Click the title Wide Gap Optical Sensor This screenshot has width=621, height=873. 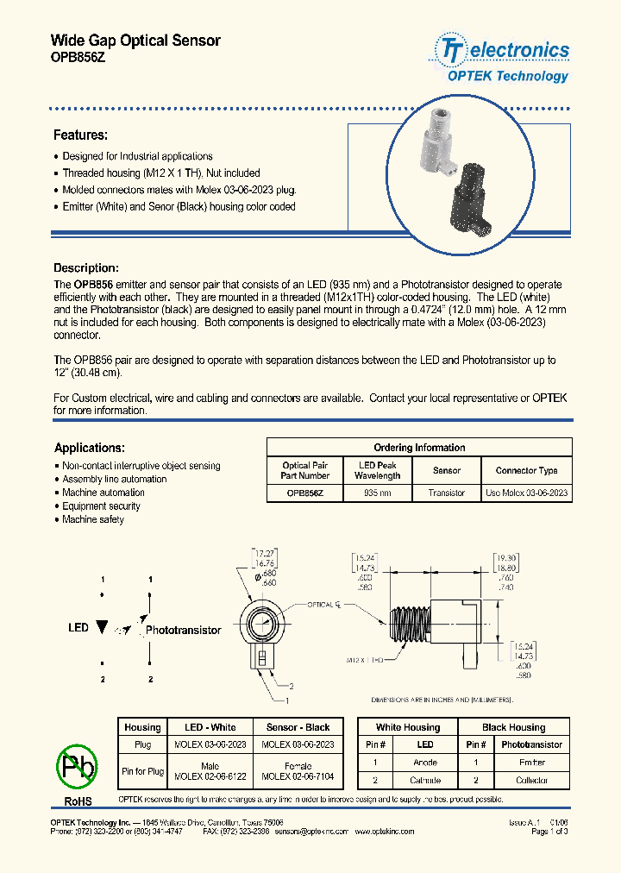(x=135, y=41)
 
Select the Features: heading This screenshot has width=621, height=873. (x=80, y=135)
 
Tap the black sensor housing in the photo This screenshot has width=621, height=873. (x=464, y=201)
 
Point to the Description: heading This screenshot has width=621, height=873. (x=85, y=268)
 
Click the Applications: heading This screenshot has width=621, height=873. (x=89, y=448)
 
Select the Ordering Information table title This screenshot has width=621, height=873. (x=419, y=448)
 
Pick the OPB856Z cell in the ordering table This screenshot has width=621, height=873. (x=305, y=493)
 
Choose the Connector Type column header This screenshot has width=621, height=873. (x=526, y=470)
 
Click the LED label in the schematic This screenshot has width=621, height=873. (x=78, y=627)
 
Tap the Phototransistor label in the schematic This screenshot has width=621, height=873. (x=183, y=630)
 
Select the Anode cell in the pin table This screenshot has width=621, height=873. (x=425, y=763)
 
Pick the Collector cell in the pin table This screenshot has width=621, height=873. (x=531, y=780)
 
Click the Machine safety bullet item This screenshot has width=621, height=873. (x=93, y=520)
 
